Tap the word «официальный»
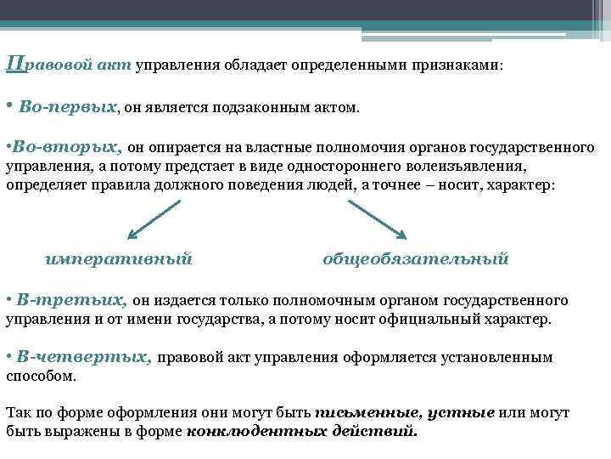(434, 320)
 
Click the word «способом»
(40, 376)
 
